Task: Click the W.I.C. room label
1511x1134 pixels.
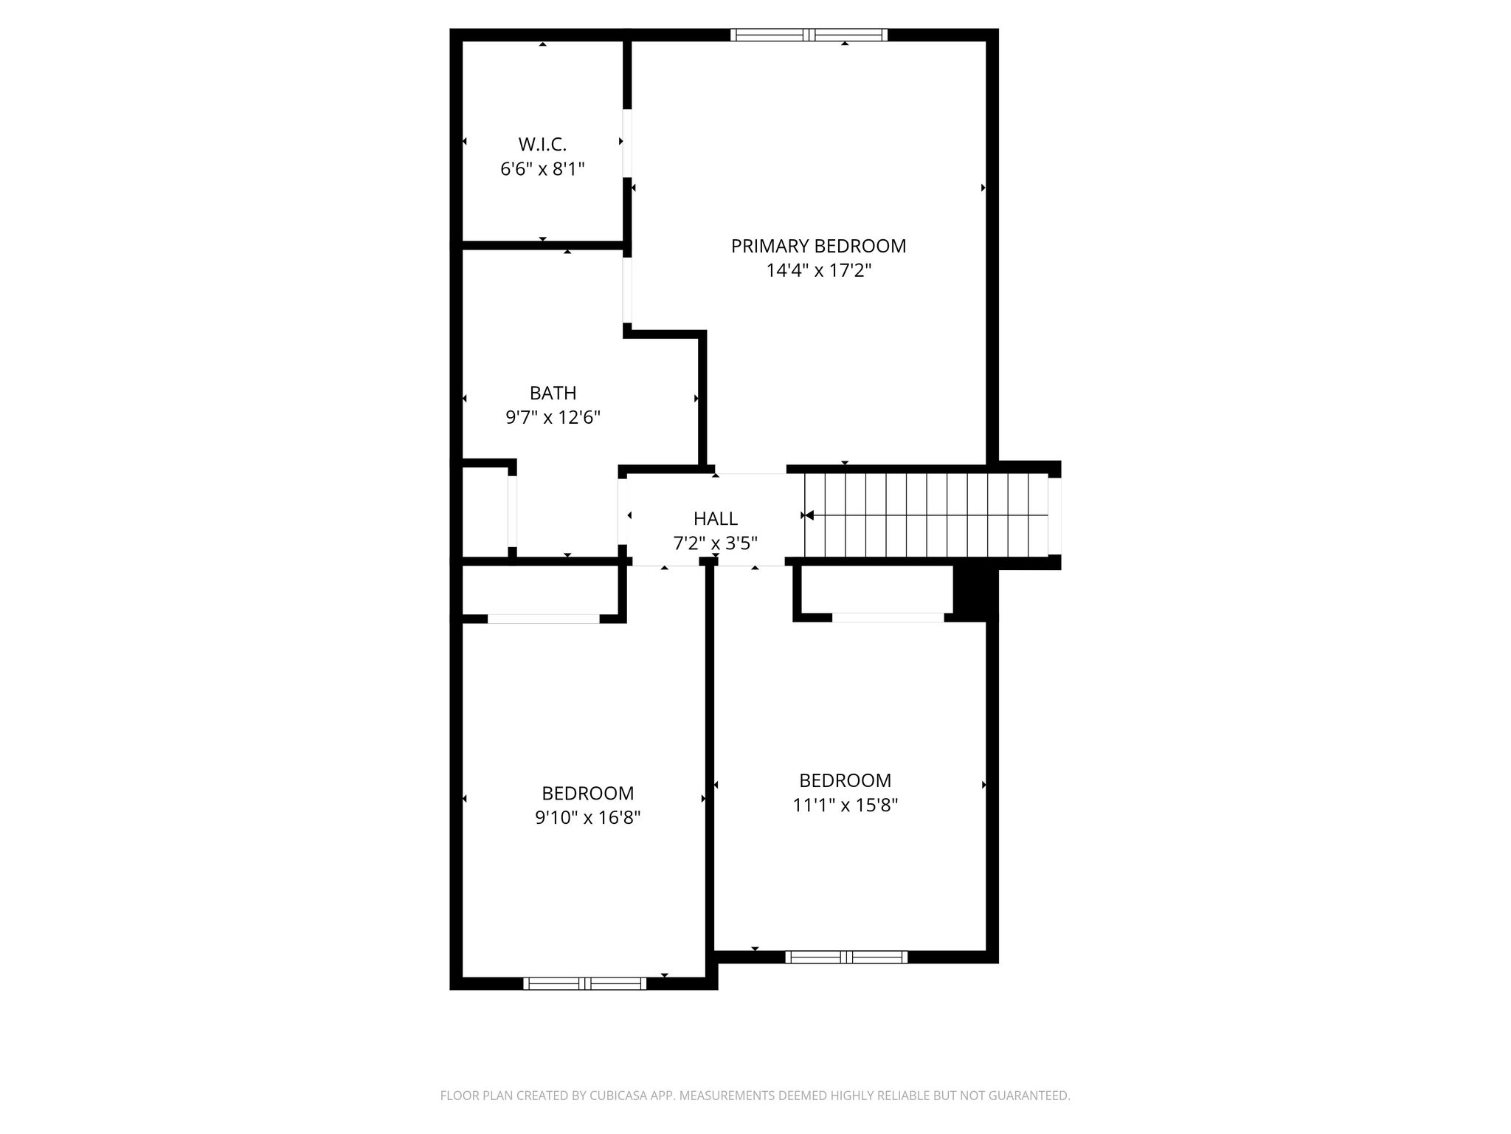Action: [542, 144]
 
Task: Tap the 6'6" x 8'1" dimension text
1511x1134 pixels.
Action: [542, 169]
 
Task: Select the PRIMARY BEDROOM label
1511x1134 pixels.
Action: [818, 246]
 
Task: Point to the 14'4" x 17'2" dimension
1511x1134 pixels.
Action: [818, 270]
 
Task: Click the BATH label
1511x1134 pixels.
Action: [553, 393]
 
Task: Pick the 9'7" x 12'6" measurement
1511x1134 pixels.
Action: [553, 418]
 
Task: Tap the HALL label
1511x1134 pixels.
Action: [715, 519]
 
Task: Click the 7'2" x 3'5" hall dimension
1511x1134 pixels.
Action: [715, 544]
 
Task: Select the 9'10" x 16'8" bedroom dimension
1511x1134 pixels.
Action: [587, 818]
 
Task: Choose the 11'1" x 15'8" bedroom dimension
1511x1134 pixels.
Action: [845, 805]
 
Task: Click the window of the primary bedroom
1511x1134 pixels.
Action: [809, 35]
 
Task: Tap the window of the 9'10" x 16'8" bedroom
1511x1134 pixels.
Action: [584, 983]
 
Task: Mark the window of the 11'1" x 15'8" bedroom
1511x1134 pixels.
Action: [846, 957]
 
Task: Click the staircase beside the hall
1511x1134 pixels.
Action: [926, 515]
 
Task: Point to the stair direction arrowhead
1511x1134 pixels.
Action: [809, 515]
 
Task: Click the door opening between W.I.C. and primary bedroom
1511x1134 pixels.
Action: [627, 143]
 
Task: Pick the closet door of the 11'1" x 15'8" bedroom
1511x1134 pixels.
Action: [888, 618]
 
